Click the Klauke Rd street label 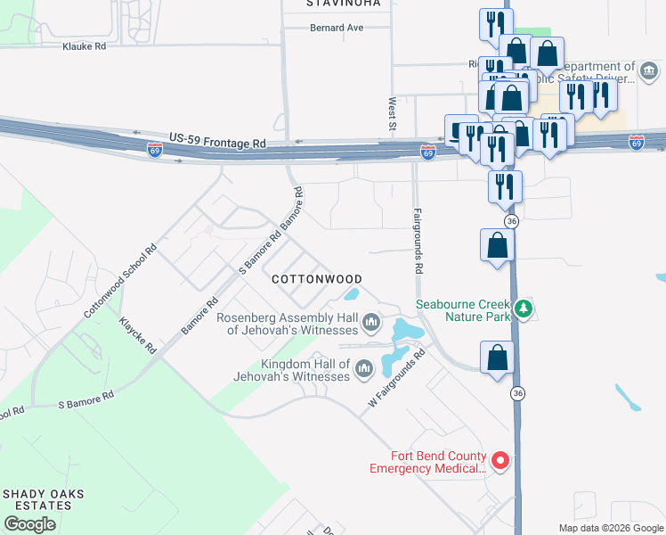pos(85,45)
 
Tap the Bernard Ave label pos(337,28)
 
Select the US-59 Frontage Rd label pos(217,141)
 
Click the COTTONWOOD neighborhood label pos(316,279)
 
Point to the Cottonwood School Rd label pos(120,280)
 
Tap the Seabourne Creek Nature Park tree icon pos(525,309)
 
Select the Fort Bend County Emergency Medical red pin pos(500,461)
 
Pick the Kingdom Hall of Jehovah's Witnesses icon pos(362,368)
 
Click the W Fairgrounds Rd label pos(398,379)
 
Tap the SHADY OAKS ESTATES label pos(37,499)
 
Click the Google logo pos(29,524)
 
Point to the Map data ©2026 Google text pos(610,528)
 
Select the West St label pos(391,111)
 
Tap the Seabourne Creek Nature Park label pos(467,309)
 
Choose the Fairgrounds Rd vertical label pos(418,240)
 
